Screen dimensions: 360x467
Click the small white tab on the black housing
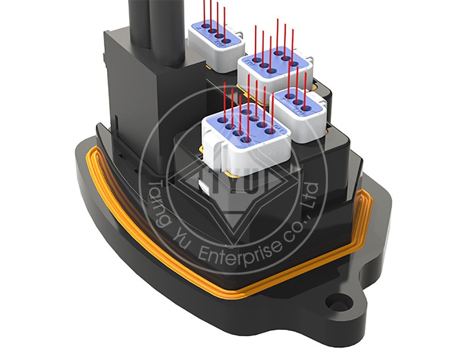[x=205, y=187]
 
